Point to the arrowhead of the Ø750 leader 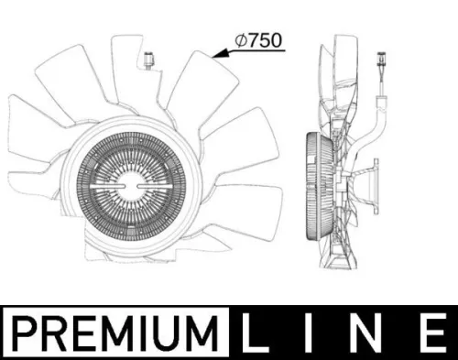tap(214, 56)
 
